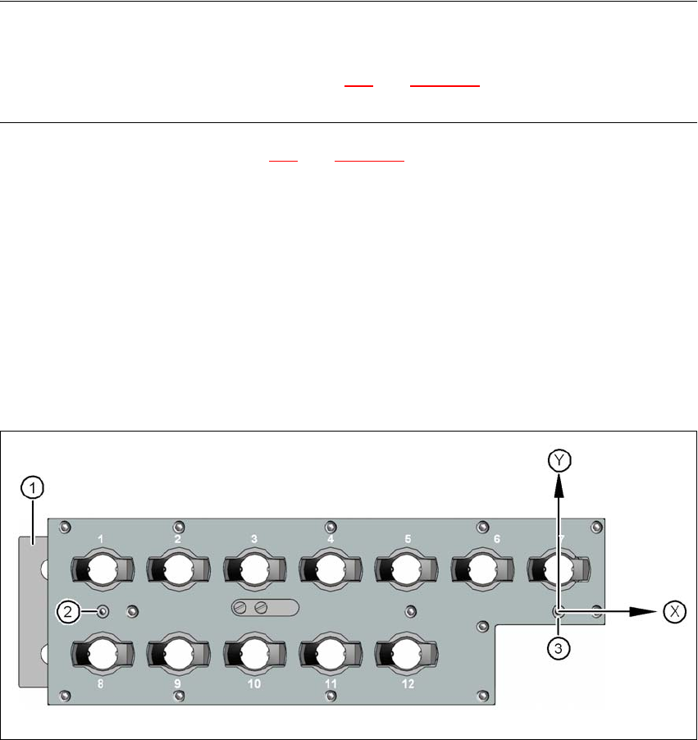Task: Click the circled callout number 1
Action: click(x=32, y=489)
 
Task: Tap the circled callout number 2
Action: click(x=68, y=610)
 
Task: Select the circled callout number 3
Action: click(x=558, y=647)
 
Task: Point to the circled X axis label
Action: click(x=675, y=611)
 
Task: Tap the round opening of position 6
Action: click(x=481, y=568)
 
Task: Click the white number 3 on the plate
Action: click(x=254, y=539)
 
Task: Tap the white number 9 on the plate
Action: click(x=178, y=683)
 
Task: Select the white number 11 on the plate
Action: click(x=330, y=683)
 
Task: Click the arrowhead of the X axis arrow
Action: click(x=652, y=611)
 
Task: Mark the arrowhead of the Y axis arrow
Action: click(x=559, y=483)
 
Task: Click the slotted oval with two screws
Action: click(x=265, y=608)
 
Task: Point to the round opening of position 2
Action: click(x=176, y=568)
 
